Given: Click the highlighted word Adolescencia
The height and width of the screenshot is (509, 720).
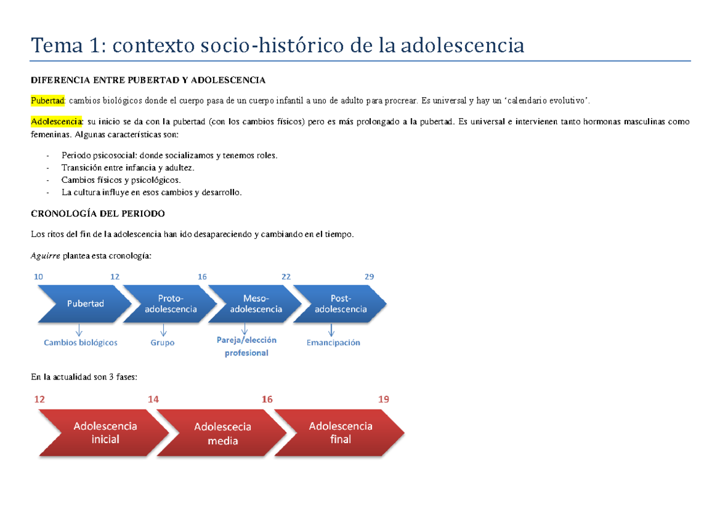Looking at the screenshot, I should pos(58,122).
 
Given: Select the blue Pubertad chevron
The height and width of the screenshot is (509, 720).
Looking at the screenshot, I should pos(85,303).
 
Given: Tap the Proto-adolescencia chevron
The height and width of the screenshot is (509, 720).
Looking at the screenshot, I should pos(170,304).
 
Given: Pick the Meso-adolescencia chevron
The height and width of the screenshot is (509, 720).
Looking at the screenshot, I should pos(256,304).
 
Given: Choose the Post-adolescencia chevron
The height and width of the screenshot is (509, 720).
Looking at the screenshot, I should pos(340,304).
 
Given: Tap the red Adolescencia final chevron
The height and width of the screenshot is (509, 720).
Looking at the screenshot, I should pos(340,432).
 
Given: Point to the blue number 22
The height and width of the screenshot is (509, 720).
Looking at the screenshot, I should pos(286,276).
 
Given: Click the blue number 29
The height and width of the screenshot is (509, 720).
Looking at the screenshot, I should pos(370,276).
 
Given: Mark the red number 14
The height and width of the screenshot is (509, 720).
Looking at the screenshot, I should pos(153,399).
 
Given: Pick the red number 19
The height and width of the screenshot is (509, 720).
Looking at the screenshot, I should pos(383,399).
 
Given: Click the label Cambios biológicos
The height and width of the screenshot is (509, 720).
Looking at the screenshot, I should pos(80,343).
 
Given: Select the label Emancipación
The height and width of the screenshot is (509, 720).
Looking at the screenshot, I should pos(333,343).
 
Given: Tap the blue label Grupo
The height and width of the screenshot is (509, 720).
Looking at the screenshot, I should pos(163,343).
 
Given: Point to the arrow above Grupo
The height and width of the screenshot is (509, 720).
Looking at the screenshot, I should pos(163,330).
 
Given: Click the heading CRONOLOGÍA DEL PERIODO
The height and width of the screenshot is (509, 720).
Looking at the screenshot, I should pos(97,213).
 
